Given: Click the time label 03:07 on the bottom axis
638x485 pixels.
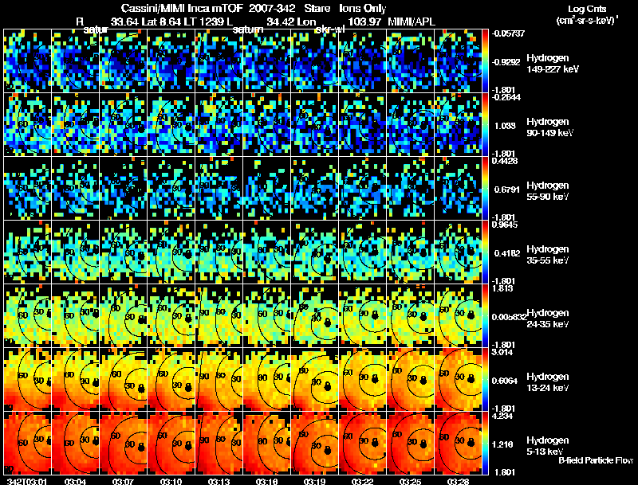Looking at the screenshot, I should [x=124, y=481].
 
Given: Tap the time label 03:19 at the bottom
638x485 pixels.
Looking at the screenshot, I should [x=315, y=481].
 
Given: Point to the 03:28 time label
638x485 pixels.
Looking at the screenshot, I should [x=458, y=481].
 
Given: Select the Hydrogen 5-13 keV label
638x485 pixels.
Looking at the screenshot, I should [x=546, y=445].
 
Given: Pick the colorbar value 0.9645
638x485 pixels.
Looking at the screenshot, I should [x=507, y=224].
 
